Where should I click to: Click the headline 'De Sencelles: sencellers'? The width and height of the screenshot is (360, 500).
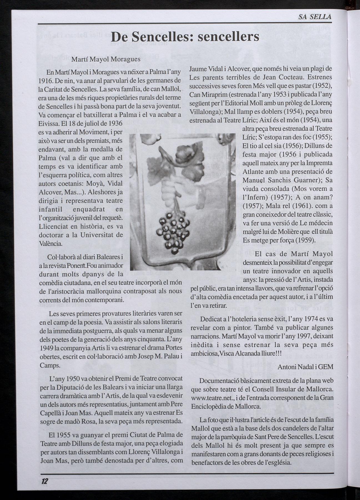point(185,36)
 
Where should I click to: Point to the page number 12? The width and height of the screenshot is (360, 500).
point(44,481)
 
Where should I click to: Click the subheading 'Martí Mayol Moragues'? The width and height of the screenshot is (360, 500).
point(106,59)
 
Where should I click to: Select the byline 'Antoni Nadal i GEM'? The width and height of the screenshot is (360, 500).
point(305,367)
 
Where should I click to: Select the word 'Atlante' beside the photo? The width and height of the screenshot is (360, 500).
point(253,171)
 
